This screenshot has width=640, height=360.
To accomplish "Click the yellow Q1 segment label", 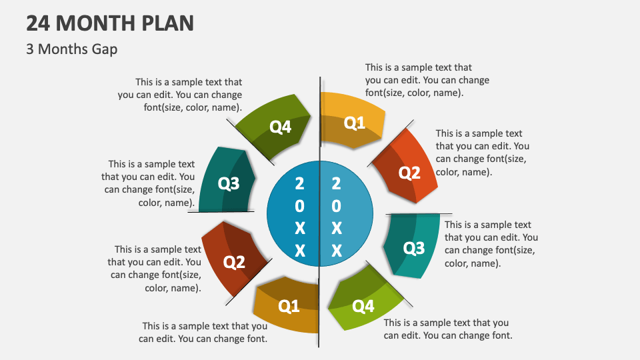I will coord(354,123).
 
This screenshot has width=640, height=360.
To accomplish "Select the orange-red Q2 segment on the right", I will coord(409,173).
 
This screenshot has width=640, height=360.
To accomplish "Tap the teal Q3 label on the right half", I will coord(414,249).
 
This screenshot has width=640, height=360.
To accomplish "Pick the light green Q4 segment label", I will coord(363,306).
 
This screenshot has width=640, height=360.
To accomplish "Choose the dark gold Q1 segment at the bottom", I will coord(289,306).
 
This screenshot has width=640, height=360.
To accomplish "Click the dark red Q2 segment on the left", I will coord(234,263).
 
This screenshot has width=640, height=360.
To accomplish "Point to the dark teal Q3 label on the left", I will coord(229,183).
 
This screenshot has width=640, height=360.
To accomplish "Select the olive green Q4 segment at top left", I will coord(281,127).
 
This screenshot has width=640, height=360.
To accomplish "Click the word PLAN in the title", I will coord(167,24).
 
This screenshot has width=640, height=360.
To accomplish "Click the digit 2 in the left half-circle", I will coord(299,183).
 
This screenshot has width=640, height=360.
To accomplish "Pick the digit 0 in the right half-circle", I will coord(337,206).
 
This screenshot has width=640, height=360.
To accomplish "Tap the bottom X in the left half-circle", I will coord(299,251).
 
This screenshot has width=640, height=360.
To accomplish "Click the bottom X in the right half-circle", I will coord(337,251).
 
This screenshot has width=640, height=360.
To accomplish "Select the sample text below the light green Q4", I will coord(447,329).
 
